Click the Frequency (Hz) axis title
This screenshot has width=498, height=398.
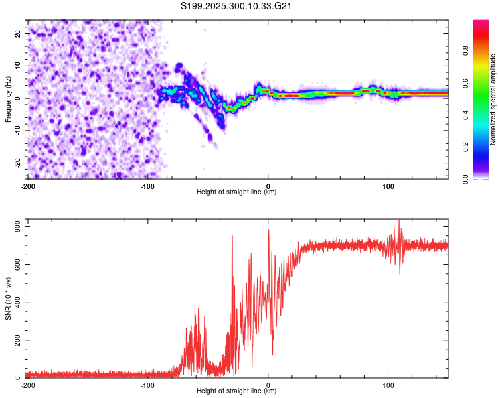(x=8, y=99)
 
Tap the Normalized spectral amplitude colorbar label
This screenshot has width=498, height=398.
(x=493, y=99)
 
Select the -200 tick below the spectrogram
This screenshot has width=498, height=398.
(x=28, y=186)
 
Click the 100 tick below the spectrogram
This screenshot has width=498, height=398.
(x=388, y=186)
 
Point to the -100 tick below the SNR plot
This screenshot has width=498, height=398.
(x=147, y=385)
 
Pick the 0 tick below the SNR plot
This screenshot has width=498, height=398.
(x=268, y=385)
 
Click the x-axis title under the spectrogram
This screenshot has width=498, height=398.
(x=237, y=192)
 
